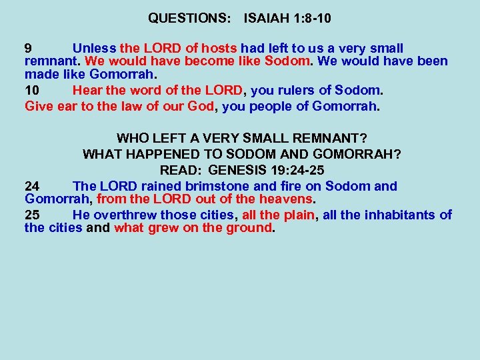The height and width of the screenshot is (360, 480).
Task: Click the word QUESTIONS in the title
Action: coord(188,19)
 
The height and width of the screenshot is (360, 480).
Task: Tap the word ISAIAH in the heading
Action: coord(267,19)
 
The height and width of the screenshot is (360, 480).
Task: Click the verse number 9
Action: coord(29,49)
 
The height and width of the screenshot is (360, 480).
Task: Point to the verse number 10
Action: coord(32,91)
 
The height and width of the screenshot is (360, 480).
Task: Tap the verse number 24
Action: coord(32,187)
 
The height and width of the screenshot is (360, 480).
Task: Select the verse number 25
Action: coord(32,215)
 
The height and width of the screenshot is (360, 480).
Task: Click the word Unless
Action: coord(93,49)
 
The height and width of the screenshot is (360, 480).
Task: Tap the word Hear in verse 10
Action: coord(87,91)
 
